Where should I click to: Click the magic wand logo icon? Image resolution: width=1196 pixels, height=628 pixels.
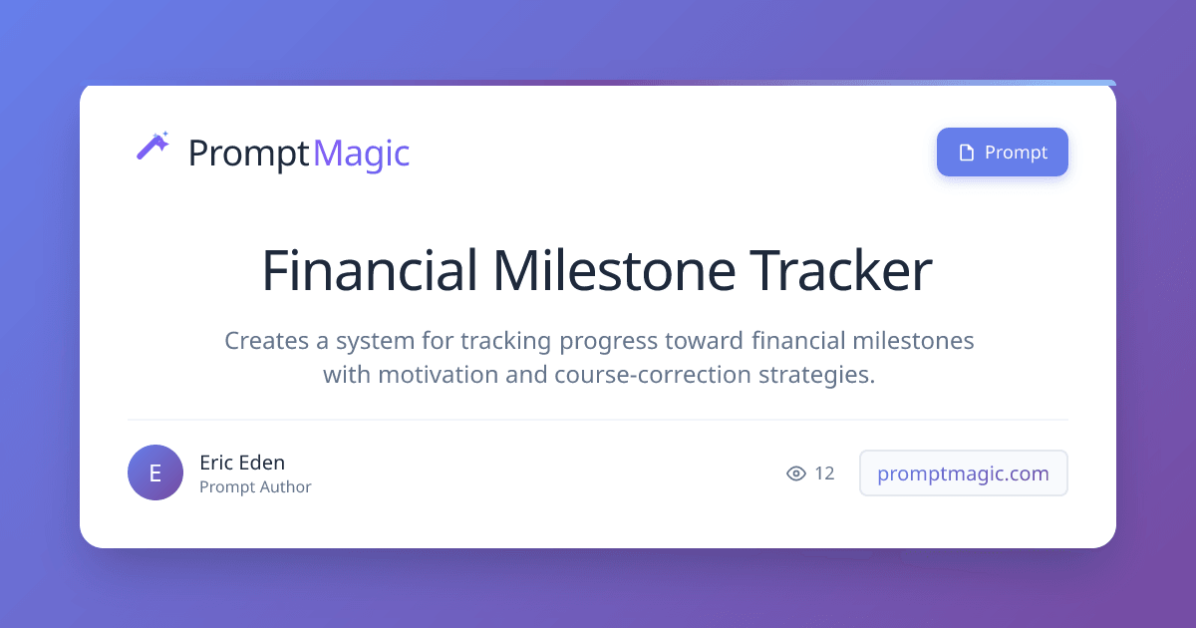152,146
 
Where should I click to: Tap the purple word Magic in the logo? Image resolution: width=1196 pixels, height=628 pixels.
362,154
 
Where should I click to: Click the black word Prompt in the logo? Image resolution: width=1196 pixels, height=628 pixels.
249,155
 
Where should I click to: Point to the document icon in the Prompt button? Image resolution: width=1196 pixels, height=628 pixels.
967,153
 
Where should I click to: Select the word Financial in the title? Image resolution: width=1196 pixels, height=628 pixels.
369,270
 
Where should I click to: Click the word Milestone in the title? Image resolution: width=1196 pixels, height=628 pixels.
614,270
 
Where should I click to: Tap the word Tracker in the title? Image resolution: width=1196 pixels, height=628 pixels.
841,270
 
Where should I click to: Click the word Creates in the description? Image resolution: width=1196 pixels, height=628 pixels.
266,341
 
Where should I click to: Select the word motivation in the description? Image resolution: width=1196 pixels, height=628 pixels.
439,375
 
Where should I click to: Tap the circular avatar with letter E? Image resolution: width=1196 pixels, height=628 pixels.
155,472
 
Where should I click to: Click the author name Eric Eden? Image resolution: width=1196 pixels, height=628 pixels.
242,463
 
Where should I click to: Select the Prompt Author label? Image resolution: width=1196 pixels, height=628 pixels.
255,487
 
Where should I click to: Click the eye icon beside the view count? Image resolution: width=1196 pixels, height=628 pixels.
796,473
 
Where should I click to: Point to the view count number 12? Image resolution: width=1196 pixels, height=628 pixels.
824,473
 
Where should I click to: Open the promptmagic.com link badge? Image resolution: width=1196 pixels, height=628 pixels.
963,473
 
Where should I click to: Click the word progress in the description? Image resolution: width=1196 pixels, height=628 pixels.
608,342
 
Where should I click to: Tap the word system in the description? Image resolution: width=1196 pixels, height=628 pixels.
376,342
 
